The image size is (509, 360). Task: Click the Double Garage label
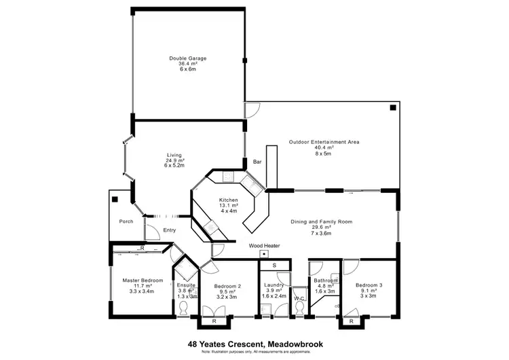188,58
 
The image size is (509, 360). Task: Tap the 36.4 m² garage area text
188,64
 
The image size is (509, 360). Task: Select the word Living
174,155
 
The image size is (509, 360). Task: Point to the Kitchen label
228,200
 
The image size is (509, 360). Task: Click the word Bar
257,162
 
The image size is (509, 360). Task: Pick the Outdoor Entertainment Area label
324,142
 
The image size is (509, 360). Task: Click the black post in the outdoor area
392,108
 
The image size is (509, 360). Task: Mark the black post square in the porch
116,200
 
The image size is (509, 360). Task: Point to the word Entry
170,230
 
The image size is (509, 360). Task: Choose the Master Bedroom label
142,280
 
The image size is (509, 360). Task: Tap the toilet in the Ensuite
183,308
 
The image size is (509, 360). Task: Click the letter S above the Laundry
274,264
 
